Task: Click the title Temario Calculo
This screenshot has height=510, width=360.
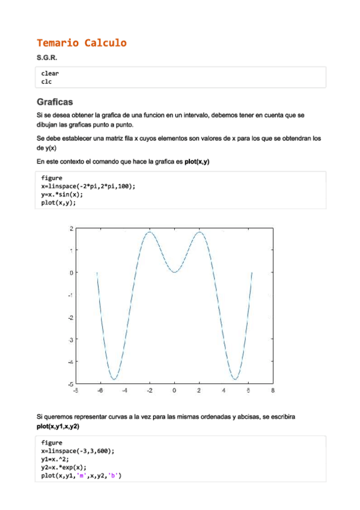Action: tap(81, 43)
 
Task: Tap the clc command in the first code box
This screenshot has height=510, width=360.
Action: tap(46, 81)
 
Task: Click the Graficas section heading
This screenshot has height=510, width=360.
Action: tap(54, 102)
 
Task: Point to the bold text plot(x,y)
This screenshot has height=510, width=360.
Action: tap(197, 162)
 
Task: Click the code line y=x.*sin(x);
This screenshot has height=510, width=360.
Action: tap(63, 194)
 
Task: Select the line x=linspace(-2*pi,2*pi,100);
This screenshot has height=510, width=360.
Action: tap(88, 186)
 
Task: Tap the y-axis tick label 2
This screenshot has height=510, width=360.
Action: tap(72, 229)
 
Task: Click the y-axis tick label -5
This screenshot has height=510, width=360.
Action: tap(71, 384)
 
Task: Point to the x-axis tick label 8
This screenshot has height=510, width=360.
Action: tap(273, 391)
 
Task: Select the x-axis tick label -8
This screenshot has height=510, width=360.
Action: tap(75, 391)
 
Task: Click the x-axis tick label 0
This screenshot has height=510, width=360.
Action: tap(174, 391)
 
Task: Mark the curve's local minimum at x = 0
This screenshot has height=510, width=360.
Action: tap(174, 272)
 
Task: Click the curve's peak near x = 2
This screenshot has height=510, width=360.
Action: tap(200, 232)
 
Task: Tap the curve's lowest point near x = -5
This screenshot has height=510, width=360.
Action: tap(114, 379)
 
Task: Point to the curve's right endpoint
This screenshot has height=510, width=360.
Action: tap(252, 272)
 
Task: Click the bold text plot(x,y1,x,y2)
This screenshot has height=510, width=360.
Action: tap(58, 426)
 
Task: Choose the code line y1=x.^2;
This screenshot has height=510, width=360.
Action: tap(55, 459)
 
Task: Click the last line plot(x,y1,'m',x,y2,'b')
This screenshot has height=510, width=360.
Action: tap(82, 475)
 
